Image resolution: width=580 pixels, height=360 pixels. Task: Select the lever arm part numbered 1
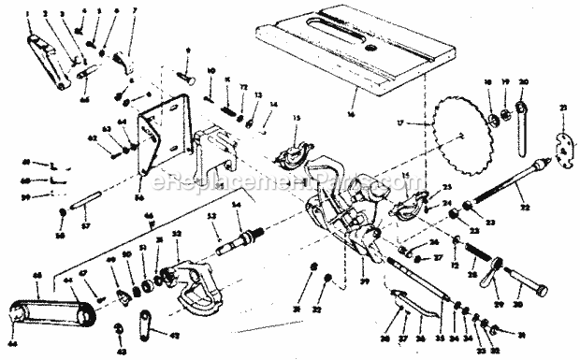coord(49,62)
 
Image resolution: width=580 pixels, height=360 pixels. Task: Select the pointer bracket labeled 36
coord(399,301)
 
